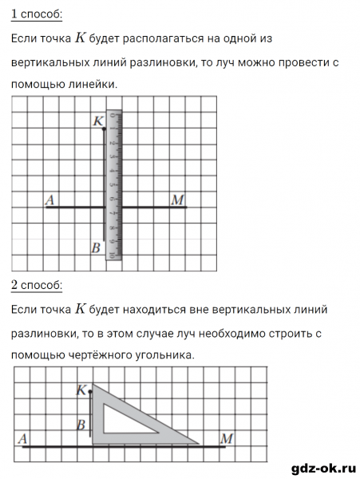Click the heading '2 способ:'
pos(37,285)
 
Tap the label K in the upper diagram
pos(98,121)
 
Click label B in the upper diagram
pos(95,248)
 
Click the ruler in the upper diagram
pos(114,184)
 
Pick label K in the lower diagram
pos(81,390)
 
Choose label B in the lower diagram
pos(81,426)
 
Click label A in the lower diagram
pos(22,437)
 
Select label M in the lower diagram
pos(227,437)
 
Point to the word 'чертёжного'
pos(96,354)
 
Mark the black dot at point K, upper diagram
pos(105,128)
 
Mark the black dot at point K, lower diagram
pos(89,393)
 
